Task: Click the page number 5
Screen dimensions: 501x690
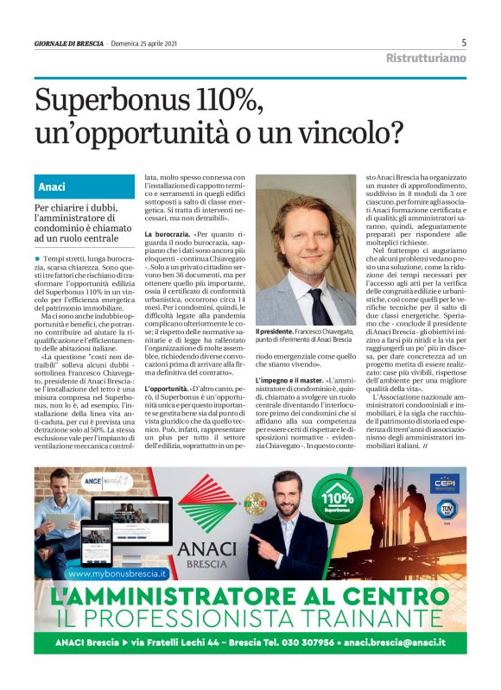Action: (464, 42)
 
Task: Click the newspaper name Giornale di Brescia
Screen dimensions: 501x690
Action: (68, 43)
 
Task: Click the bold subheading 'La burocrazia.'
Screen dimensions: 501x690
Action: (168, 235)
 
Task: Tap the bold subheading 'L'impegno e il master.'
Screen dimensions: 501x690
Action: (292, 380)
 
